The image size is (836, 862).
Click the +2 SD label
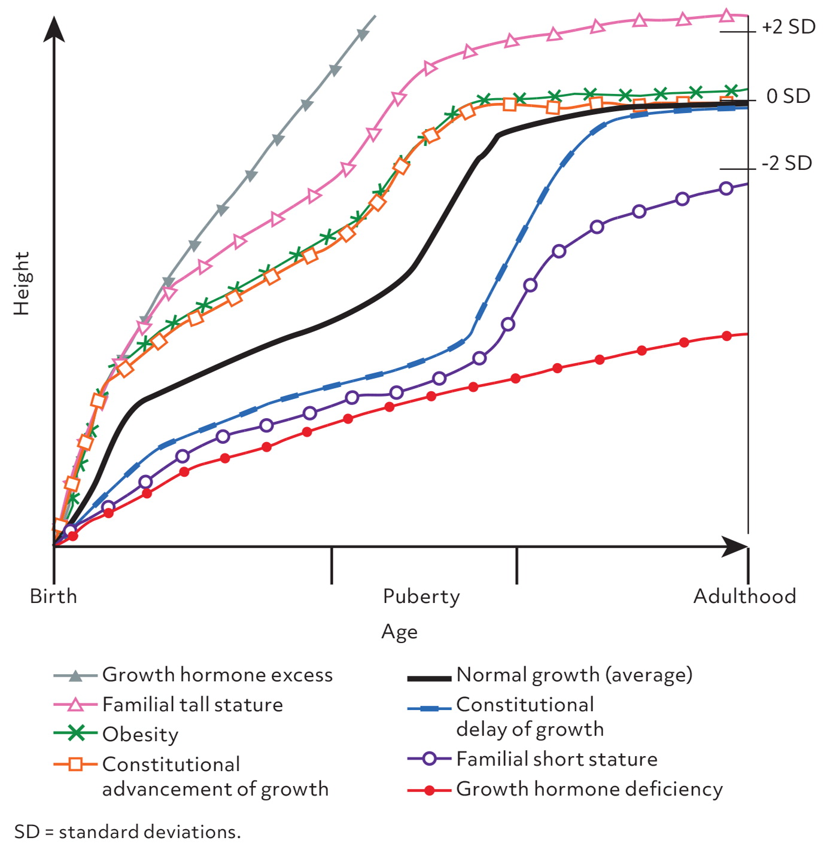pos(788,27)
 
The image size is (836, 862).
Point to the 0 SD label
pos(788,96)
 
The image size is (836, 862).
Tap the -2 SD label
pos(786,163)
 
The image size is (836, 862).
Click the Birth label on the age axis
pos(53,596)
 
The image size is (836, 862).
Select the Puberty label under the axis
pos(421,596)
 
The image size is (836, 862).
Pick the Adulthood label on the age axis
pos(744,596)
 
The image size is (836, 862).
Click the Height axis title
pos(22,283)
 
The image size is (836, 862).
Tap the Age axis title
pos(399,632)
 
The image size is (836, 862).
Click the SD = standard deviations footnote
pos(127,832)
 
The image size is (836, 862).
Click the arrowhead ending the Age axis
pos(735,546)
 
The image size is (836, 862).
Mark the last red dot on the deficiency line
pos(726,336)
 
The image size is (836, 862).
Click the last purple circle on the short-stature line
pos(726,188)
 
